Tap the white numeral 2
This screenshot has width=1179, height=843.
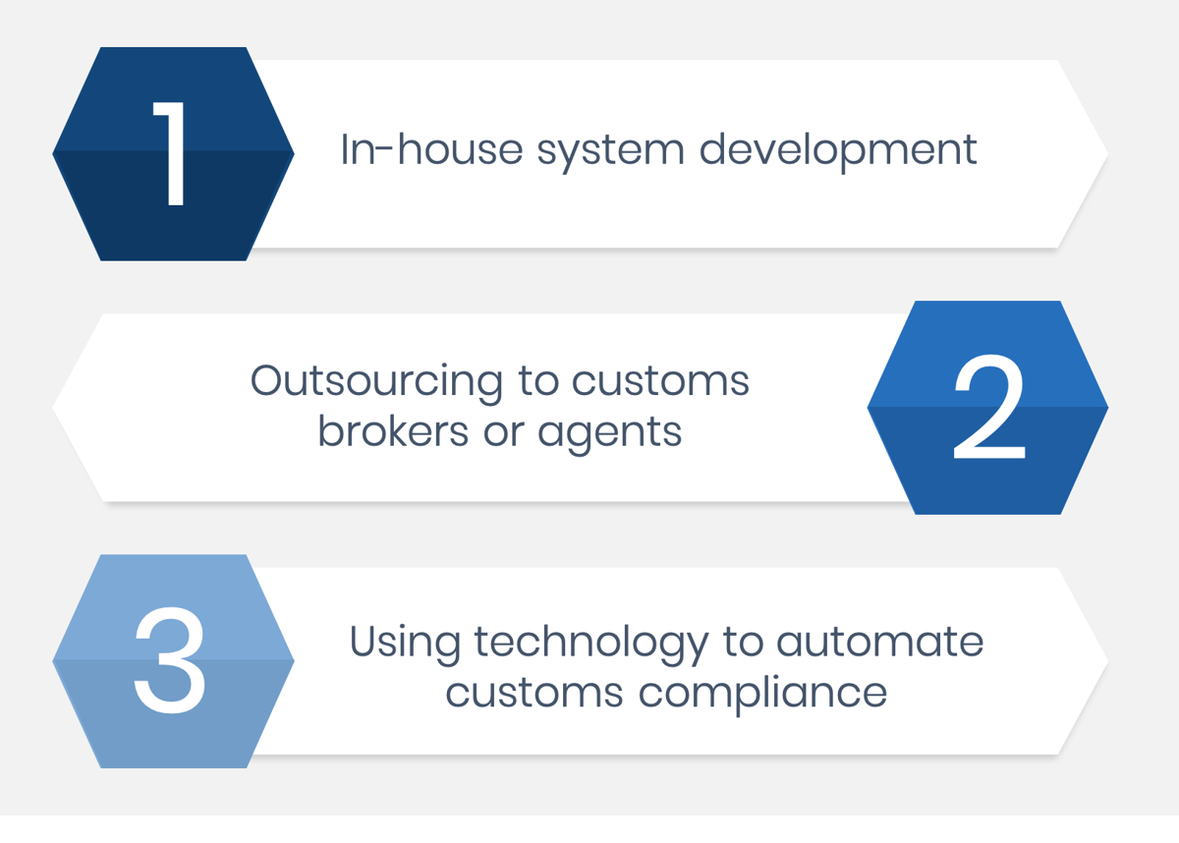tap(989, 408)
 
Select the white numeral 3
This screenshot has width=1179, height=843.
tap(171, 660)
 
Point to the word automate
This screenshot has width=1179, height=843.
tap(880, 643)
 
